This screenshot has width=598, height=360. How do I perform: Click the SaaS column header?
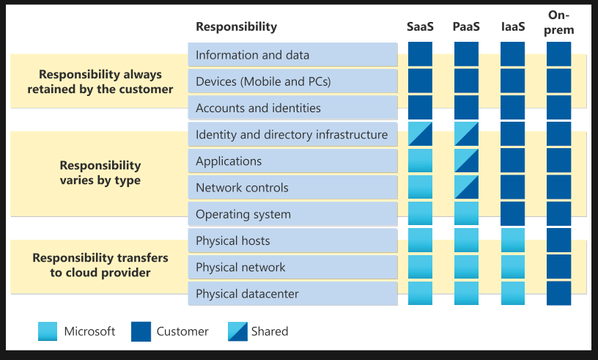tap(420, 27)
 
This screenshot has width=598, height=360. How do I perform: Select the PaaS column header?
tap(466, 27)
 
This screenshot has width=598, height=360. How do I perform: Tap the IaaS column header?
tap(512, 27)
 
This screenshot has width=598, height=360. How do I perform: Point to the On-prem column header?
tap(559, 23)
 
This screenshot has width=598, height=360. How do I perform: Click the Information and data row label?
tap(252, 55)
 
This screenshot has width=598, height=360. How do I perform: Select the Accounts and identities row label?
tap(258, 108)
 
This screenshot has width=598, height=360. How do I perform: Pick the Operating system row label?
tap(243, 214)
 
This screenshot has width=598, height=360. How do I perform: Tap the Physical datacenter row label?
tap(247, 294)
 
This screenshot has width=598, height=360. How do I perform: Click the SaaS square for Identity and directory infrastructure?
tap(420, 134)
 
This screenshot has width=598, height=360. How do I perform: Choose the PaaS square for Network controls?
tap(466, 187)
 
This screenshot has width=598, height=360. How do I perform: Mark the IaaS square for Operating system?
tap(512, 213)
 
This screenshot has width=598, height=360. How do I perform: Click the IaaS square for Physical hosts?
tap(512, 240)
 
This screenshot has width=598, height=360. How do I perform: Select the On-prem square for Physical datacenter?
tap(559, 293)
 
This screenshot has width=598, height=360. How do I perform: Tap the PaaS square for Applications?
tap(466, 161)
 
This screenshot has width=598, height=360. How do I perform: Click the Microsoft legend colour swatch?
tap(48, 331)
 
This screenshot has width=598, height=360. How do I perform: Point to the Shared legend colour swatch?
tap(237, 331)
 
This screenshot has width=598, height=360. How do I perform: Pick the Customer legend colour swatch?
tap(141, 331)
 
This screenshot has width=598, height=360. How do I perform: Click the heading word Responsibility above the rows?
tap(236, 27)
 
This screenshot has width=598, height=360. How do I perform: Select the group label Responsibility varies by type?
tap(100, 173)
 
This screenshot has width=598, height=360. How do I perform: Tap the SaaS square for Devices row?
tap(420, 81)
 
